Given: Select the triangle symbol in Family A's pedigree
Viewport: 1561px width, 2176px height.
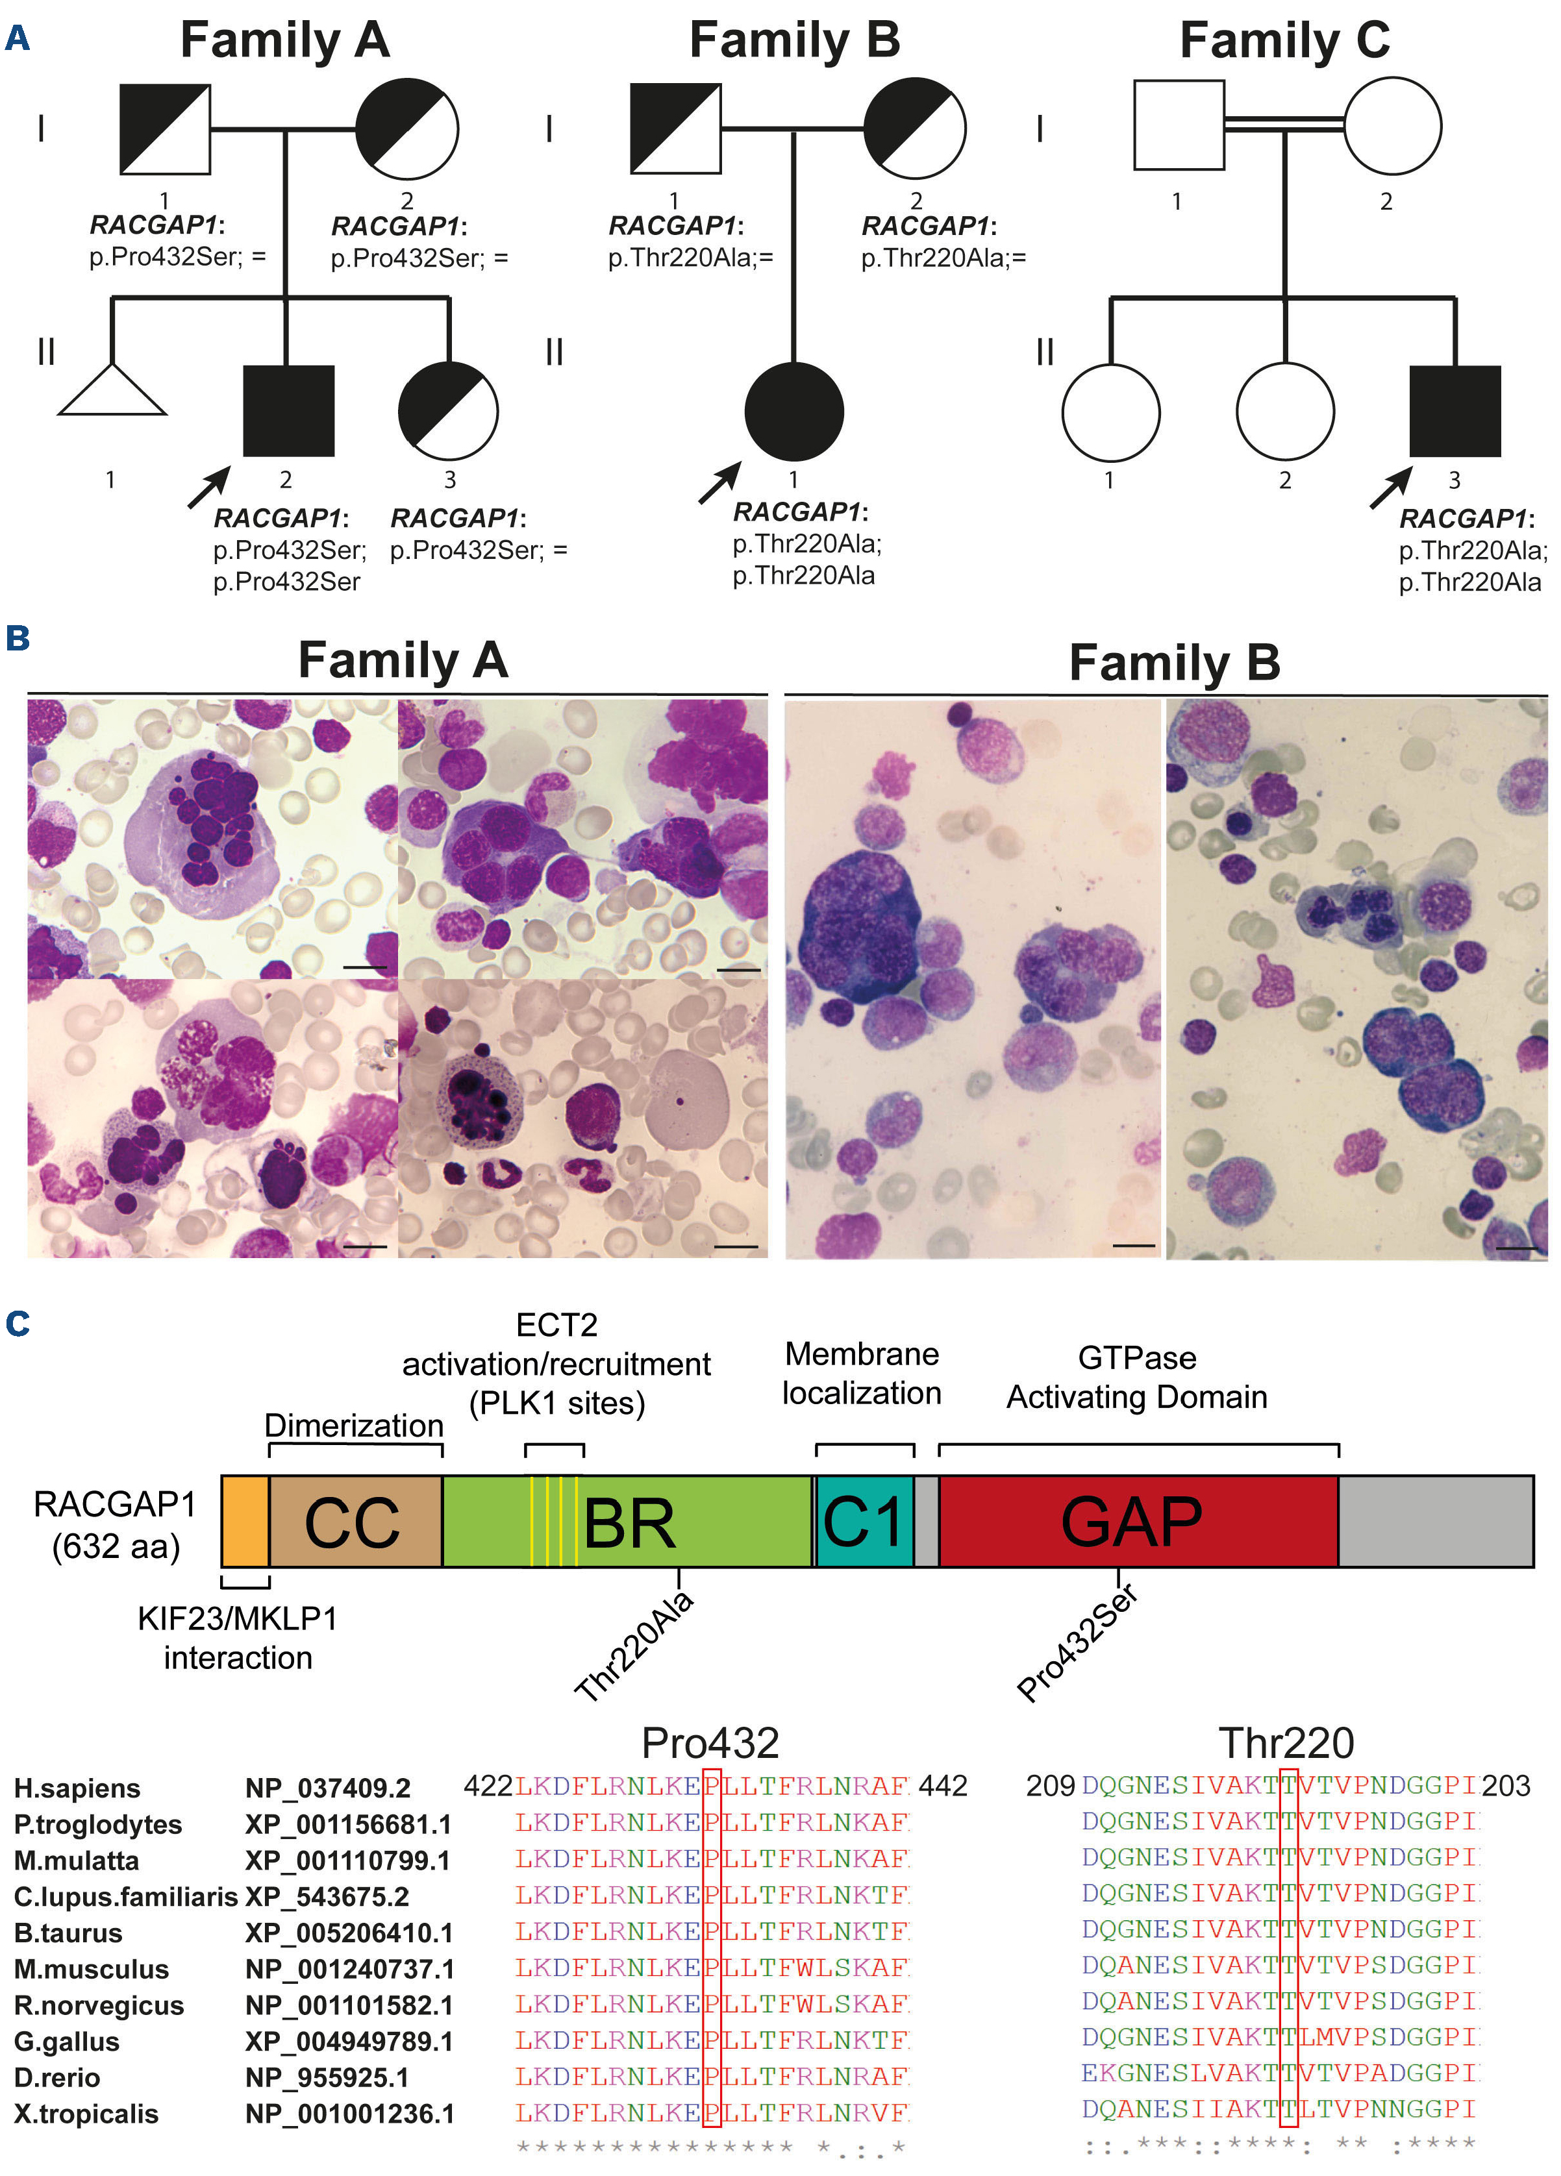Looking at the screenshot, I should (x=112, y=393).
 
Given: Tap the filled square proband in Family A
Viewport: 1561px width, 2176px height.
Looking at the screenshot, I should (x=288, y=411).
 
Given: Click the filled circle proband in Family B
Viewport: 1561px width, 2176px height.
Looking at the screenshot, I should (x=793, y=411).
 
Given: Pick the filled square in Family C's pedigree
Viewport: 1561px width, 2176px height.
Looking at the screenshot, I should (x=1454, y=411).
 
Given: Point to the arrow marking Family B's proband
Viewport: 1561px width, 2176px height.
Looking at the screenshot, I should (x=719, y=482).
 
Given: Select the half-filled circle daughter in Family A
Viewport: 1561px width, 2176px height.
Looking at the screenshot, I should (x=448, y=411).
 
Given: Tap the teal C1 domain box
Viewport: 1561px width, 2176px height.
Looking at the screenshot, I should (x=864, y=1522).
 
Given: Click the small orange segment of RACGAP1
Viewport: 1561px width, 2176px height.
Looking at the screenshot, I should (x=245, y=1522).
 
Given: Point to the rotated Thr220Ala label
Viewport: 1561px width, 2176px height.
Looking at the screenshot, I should (x=633, y=1646).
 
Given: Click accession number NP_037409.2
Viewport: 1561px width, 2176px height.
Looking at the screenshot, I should (x=327, y=1788).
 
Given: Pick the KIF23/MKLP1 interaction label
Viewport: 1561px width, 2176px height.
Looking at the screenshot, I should (x=237, y=1638).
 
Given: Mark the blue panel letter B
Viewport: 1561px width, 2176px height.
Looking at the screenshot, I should (x=18, y=638).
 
